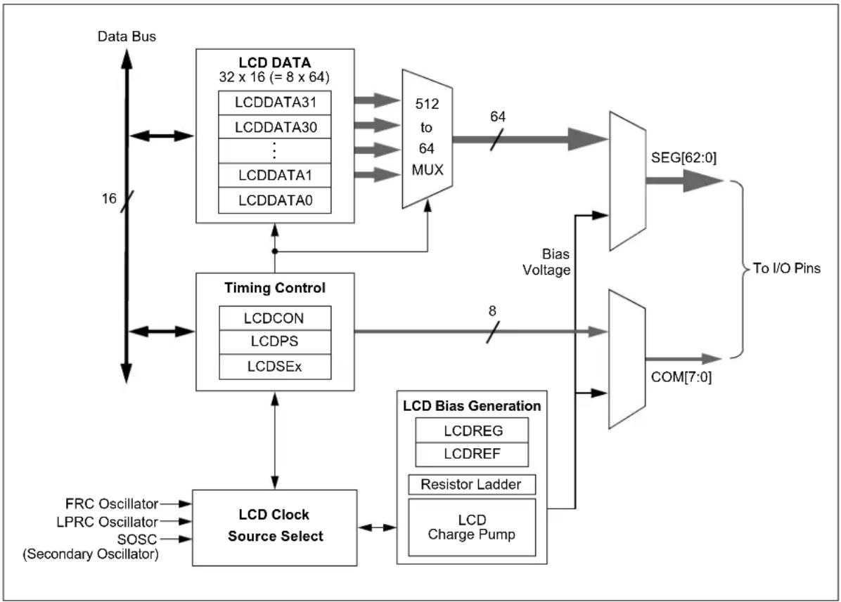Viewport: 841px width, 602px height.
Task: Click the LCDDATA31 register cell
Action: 275,103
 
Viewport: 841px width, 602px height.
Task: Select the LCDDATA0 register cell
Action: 275,200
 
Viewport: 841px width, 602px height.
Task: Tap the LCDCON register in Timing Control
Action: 275,318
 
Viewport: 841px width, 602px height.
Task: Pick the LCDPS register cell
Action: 275,341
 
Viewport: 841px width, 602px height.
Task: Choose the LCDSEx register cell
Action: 275,367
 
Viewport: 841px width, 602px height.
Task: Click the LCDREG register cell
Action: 472,431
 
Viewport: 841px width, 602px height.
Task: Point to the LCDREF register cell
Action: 472,454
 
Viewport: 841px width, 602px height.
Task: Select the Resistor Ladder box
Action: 472,485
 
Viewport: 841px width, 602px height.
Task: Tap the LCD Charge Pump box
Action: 472,528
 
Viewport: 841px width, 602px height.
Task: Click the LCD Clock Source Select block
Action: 275,528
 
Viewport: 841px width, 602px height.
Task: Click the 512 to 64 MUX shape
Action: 428,138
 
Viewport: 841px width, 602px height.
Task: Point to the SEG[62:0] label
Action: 683,158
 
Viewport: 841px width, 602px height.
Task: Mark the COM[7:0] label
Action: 681,377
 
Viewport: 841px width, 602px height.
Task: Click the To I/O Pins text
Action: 787,268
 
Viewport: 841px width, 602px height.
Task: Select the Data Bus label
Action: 127,37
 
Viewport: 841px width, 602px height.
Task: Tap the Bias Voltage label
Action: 547,262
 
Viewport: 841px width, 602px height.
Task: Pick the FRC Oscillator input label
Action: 112,504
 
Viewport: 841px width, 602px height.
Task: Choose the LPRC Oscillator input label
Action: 108,522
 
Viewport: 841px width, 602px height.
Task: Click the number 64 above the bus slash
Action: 498,117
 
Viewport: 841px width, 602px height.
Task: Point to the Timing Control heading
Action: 275,288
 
